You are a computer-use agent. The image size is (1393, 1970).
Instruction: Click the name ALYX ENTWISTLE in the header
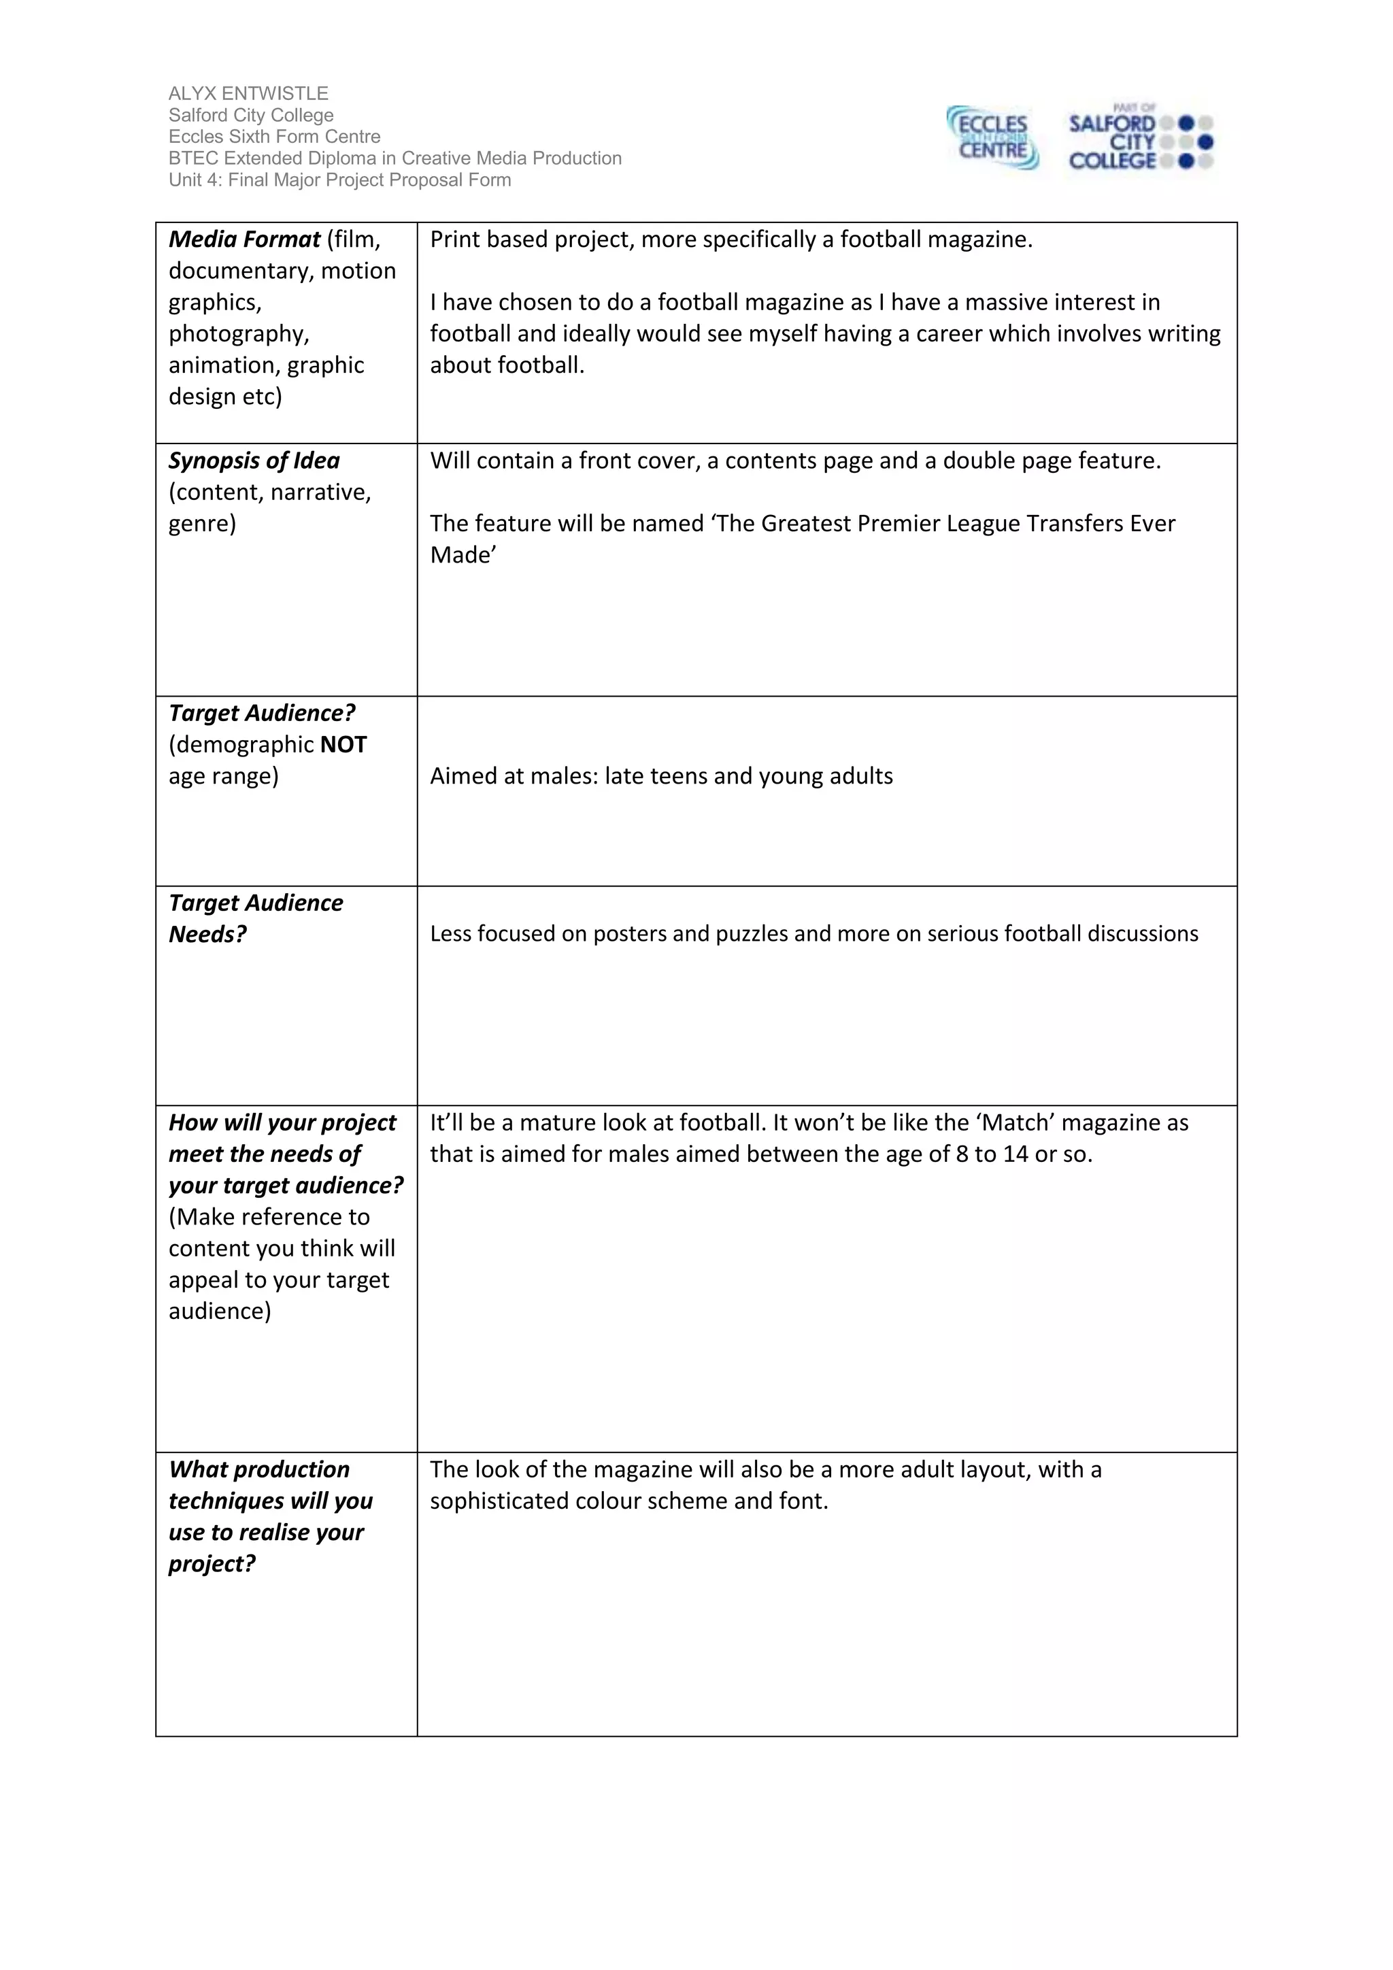click(248, 93)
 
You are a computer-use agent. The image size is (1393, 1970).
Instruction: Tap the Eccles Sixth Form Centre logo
click(992, 138)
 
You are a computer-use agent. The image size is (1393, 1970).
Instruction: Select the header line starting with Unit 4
click(339, 180)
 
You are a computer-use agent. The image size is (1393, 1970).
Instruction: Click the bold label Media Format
click(244, 239)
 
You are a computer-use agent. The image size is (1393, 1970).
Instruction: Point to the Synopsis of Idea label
click(254, 461)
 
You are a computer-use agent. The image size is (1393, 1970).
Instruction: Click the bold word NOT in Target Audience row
click(343, 745)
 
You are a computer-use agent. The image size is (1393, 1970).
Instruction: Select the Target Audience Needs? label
click(255, 918)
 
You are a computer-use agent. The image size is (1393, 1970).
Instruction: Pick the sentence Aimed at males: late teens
click(660, 776)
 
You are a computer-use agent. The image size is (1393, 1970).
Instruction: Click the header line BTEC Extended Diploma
click(395, 158)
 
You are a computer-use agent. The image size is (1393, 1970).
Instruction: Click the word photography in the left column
click(237, 334)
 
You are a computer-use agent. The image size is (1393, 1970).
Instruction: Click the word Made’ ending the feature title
click(463, 555)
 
